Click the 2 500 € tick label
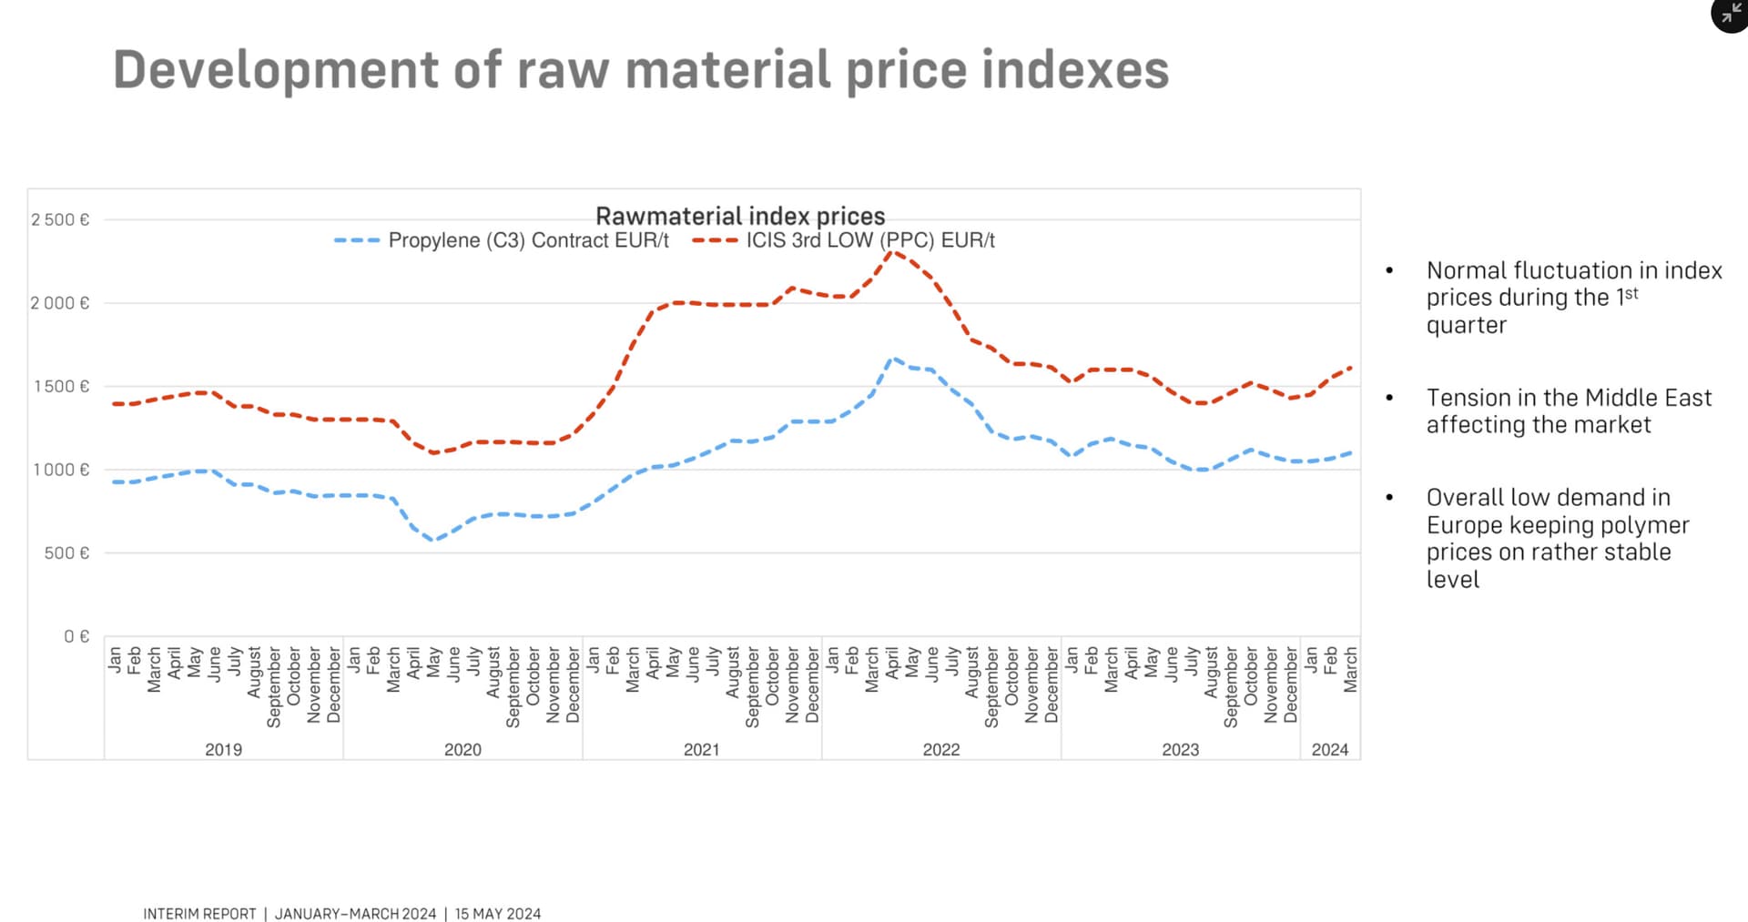click(x=60, y=219)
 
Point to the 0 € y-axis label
click(x=76, y=636)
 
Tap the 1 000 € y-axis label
click(x=61, y=470)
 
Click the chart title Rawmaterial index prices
click(x=739, y=216)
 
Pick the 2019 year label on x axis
click(x=223, y=749)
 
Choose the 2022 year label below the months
click(x=940, y=749)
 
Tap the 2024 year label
click(x=1329, y=749)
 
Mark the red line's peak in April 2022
click(x=893, y=252)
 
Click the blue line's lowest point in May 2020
click(x=434, y=540)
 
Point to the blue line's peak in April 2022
click(x=893, y=359)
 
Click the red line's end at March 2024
click(x=1350, y=368)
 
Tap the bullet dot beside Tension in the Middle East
click(x=1389, y=398)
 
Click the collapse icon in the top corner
click(x=1730, y=14)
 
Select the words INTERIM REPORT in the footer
click(x=199, y=914)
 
